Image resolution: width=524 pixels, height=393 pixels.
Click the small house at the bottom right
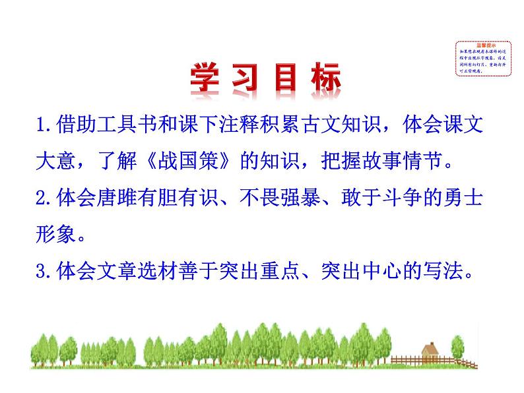pos(430,354)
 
